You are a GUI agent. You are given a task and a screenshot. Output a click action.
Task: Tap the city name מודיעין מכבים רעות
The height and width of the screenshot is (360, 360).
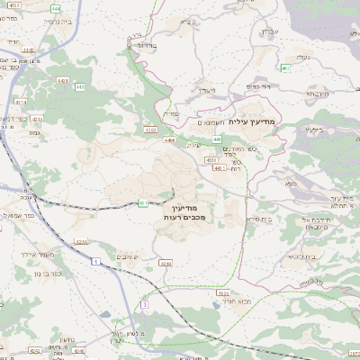tap(186, 212)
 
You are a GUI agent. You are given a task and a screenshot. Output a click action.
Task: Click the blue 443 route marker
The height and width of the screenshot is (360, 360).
tap(80, 87)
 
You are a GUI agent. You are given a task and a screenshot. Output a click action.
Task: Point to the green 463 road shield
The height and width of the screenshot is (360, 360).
tap(284, 67)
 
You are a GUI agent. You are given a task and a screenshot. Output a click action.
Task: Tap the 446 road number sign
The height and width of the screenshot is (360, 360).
tap(217, 139)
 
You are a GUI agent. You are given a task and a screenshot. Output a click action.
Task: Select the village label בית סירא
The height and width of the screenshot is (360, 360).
tap(257, 218)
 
